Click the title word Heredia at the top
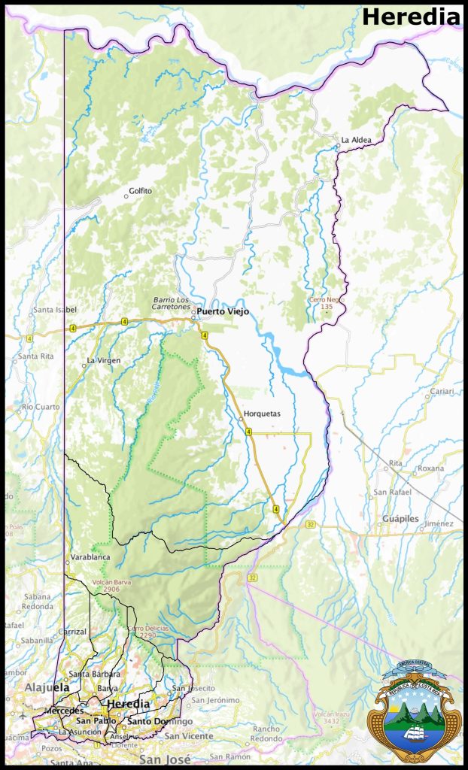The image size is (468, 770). point(410,17)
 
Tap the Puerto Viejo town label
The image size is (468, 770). point(223,311)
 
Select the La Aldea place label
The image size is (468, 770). point(356,140)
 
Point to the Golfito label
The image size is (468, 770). point(140,191)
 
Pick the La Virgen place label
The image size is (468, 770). point(104,360)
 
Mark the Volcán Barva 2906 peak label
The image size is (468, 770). point(105,586)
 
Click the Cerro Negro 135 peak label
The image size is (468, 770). point(326,303)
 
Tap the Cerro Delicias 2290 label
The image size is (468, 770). point(147,632)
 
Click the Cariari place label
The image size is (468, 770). point(442,392)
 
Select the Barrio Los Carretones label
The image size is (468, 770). point(172,303)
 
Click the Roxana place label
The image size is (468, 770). point(431,468)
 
